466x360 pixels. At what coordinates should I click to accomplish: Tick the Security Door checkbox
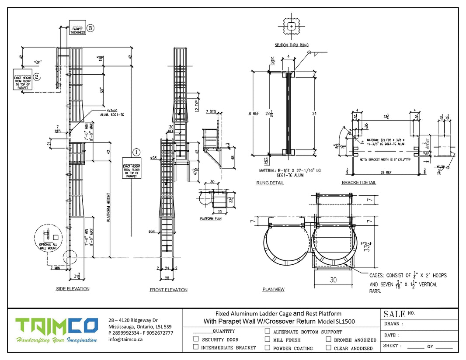click(196, 339)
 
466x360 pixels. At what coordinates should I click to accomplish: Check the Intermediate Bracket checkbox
click(196, 347)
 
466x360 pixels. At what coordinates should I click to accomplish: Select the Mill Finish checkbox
click(268, 339)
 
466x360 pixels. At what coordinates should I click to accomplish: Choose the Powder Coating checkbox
click(268, 348)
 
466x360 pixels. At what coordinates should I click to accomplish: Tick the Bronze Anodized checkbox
click(328, 339)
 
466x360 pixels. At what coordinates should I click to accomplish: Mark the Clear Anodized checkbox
click(328, 348)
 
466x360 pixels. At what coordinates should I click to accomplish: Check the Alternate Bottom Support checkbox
click(268, 331)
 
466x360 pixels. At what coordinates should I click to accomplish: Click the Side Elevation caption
click(73, 289)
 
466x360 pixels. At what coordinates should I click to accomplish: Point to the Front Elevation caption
click(168, 290)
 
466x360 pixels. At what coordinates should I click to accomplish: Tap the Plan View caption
click(273, 289)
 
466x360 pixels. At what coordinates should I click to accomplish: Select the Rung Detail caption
click(270, 183)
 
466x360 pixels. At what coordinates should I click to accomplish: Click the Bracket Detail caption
click(358, 183)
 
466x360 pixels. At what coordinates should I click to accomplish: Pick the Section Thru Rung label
click(292, 45)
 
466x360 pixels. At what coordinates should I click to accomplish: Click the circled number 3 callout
click(90, 28)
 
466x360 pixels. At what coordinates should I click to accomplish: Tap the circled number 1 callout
click(136, 152)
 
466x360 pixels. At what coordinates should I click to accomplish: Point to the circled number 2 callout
click(37, 77)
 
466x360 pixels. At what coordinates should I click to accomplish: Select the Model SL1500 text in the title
click(337, 322)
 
